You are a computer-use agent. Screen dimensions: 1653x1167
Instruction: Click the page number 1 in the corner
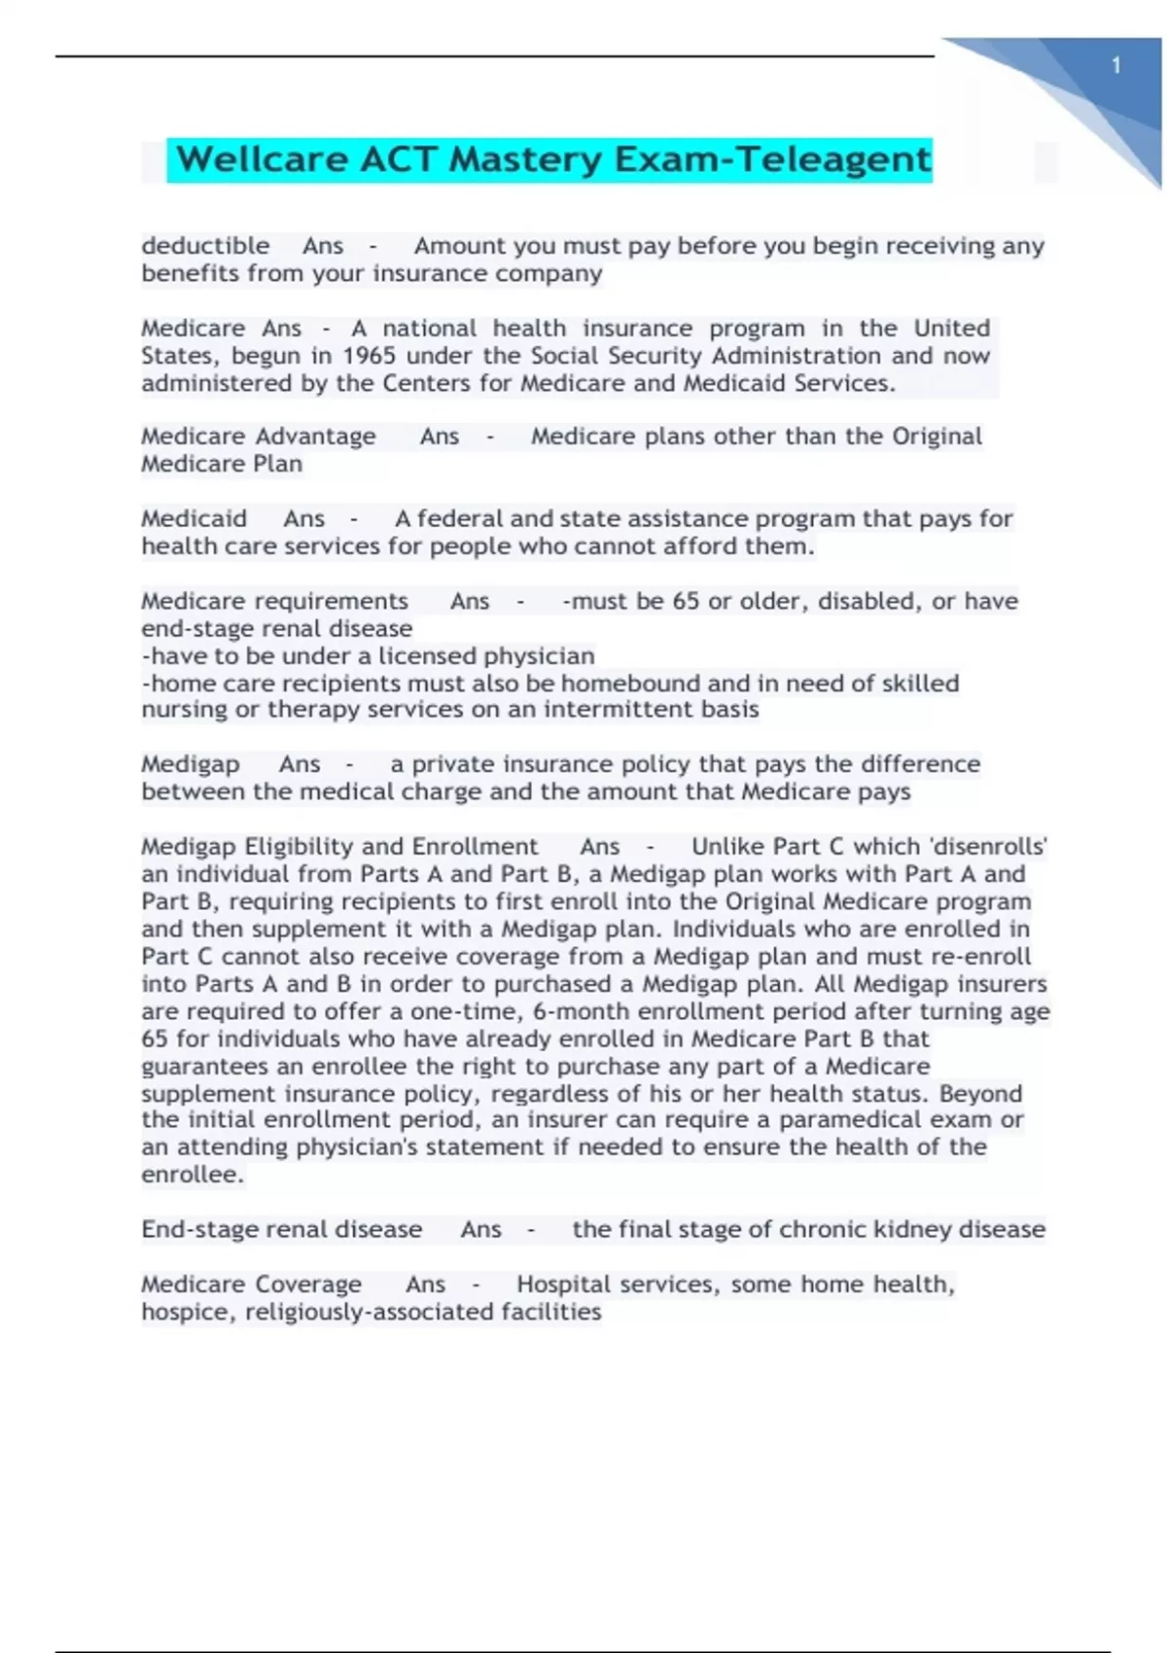(1115, 65)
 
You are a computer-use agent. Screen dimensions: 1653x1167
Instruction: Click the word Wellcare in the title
(262, 159)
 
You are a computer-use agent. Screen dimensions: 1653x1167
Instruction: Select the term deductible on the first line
(205, 246)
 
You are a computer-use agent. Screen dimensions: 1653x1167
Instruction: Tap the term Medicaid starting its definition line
(194, 519)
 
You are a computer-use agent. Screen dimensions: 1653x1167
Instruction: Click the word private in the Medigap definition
(454, 764)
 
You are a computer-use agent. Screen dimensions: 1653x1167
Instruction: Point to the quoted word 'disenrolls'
(989, 847)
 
